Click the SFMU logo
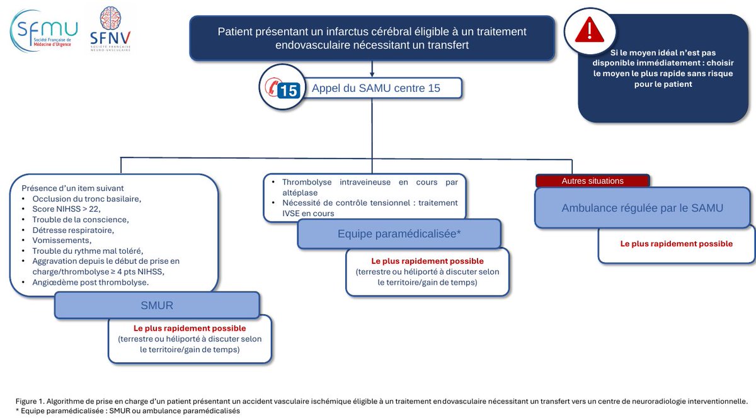[x=44, y=31]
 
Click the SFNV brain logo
[x=110, y=29]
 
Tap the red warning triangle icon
[x=589, y=30]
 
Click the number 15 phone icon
[x=282, y=88]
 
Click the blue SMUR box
[x=157, y=305]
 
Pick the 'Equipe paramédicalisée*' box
[x=399, y=234]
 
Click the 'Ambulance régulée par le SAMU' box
[x=642, y=208]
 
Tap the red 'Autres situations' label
[x=593, y=181]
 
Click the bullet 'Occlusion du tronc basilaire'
[x=87, y=199]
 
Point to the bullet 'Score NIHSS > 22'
[x=67, y=209]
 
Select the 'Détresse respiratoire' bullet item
[x=73, y=230]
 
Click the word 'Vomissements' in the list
[x=62, y=241]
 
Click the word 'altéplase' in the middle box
[x=300, y=193]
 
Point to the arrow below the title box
[x=372, y=69]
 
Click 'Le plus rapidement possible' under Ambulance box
[x=677, y=244]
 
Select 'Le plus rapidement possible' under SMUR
[x=190, y=328]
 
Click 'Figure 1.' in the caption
[x=30, y=402]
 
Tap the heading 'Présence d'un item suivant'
[x=72, y=188]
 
